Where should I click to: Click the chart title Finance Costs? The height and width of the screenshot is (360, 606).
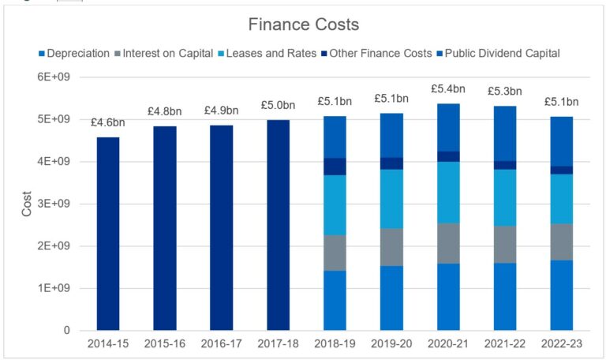coord(304,24)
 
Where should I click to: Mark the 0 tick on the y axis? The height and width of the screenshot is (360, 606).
coord(67,331)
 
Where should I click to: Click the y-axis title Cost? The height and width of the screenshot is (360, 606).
coord(25,204)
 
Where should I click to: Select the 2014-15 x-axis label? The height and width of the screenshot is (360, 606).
coord(108,345)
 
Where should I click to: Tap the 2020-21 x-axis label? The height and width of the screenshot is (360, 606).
coord(448,345)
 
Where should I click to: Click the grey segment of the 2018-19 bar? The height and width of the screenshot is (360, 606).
coord(335,253)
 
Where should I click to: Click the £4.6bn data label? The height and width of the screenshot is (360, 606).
coord(109,122)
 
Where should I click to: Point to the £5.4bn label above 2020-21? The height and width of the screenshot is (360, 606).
coord(448,89)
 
